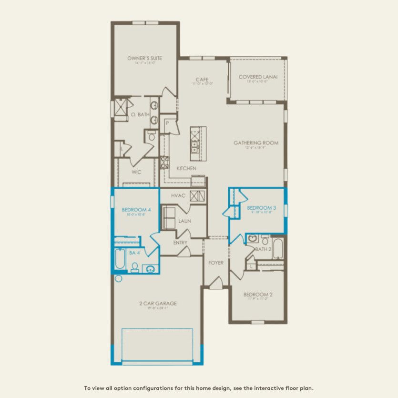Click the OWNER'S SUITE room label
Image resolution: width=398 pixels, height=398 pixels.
[144, 58]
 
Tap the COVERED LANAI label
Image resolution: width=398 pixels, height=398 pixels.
[257, 77]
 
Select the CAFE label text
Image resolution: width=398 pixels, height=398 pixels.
[203, 80]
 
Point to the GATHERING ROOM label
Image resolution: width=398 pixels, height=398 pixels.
[255, 143]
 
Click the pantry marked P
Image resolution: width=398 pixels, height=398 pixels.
[168, 123]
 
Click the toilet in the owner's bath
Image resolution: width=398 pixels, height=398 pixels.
[151, 136]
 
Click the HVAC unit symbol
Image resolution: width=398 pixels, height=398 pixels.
[197, 195]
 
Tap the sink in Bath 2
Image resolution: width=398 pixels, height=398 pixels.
[253, 238]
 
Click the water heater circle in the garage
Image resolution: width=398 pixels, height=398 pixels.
[118, 278]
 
